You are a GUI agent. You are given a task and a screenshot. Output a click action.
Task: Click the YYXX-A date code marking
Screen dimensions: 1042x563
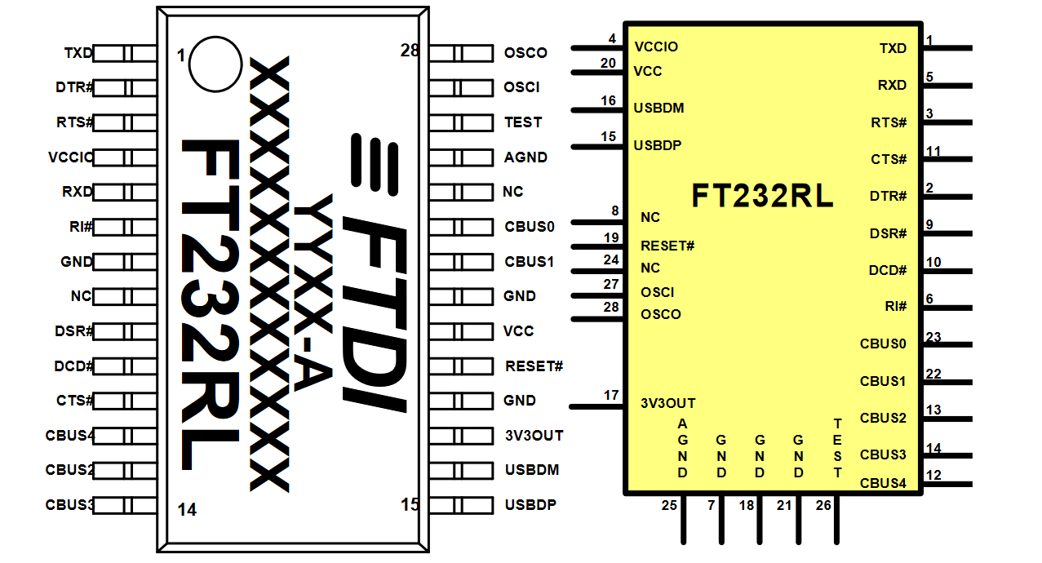coord(313,292)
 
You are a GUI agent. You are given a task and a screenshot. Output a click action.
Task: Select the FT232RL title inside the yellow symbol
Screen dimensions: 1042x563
coord(762,196)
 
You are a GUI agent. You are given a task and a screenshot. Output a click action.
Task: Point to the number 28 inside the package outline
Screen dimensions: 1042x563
coord(410,51)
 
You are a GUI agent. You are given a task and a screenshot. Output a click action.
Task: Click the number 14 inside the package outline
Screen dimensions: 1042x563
coord(187,510)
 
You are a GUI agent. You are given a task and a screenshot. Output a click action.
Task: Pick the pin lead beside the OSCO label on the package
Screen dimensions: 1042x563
coord(461,53)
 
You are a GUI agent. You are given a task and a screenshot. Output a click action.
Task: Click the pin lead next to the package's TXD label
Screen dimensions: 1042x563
coord(125,53)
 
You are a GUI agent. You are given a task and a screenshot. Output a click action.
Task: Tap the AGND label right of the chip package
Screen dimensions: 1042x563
coord(525,157)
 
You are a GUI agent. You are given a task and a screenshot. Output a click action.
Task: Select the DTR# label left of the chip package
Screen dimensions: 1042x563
coord(74,87)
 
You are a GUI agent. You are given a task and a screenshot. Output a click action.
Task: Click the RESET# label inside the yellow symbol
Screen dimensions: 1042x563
coord(667,246)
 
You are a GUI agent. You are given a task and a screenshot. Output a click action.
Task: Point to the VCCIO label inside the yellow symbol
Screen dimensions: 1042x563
coord(656,47)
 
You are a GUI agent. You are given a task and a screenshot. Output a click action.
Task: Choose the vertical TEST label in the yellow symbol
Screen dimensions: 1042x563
coord(837,448)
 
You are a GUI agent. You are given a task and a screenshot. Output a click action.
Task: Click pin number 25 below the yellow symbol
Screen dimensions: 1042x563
coord(669,505)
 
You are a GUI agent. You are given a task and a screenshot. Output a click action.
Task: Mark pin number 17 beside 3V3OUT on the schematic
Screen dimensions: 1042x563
coord(611,396)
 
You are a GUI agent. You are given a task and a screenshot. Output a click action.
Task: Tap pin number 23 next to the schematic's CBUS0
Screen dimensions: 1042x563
coord(933,336)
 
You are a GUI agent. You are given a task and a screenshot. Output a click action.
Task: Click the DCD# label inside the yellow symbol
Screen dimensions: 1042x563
coord(888,270)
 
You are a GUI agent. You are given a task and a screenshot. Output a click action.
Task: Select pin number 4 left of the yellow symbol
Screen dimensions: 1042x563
coord(612,38)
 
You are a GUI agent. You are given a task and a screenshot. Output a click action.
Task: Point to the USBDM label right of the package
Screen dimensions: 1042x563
coord(532,470)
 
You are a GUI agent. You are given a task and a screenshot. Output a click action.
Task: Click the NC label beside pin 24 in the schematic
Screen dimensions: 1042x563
coord(650,268)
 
